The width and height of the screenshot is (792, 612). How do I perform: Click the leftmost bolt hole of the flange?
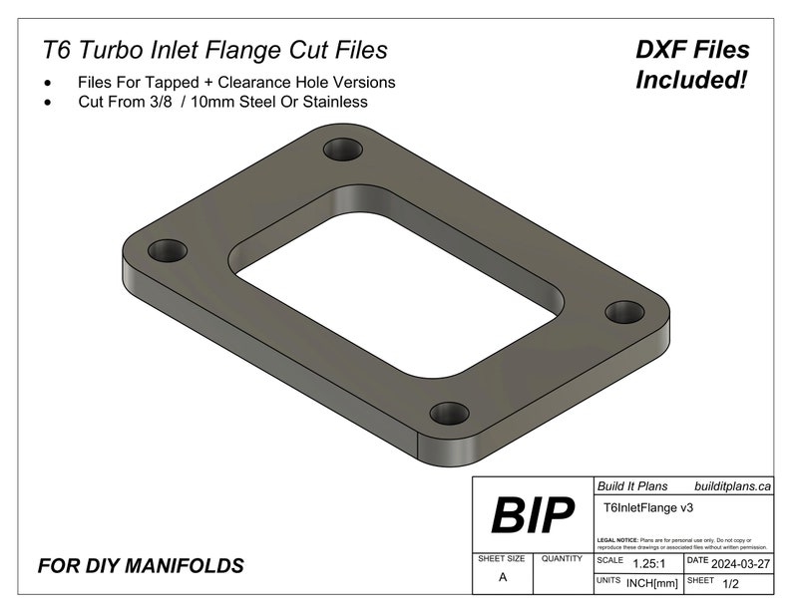pos(169,248)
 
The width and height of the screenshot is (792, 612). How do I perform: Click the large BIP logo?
pos(533,515)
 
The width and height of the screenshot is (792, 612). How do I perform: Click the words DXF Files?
pos(692,50)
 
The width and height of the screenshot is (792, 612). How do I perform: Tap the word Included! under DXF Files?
pos(692,80)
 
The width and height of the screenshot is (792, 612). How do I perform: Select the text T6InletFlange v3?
pos(649,507)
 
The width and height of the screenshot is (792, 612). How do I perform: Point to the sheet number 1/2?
pos(732,581)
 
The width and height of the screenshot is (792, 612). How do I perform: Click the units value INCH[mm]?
pos(652,581)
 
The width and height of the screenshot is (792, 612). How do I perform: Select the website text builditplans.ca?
pos(732,486)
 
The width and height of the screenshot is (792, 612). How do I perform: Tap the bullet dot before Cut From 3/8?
pos(48,103)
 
